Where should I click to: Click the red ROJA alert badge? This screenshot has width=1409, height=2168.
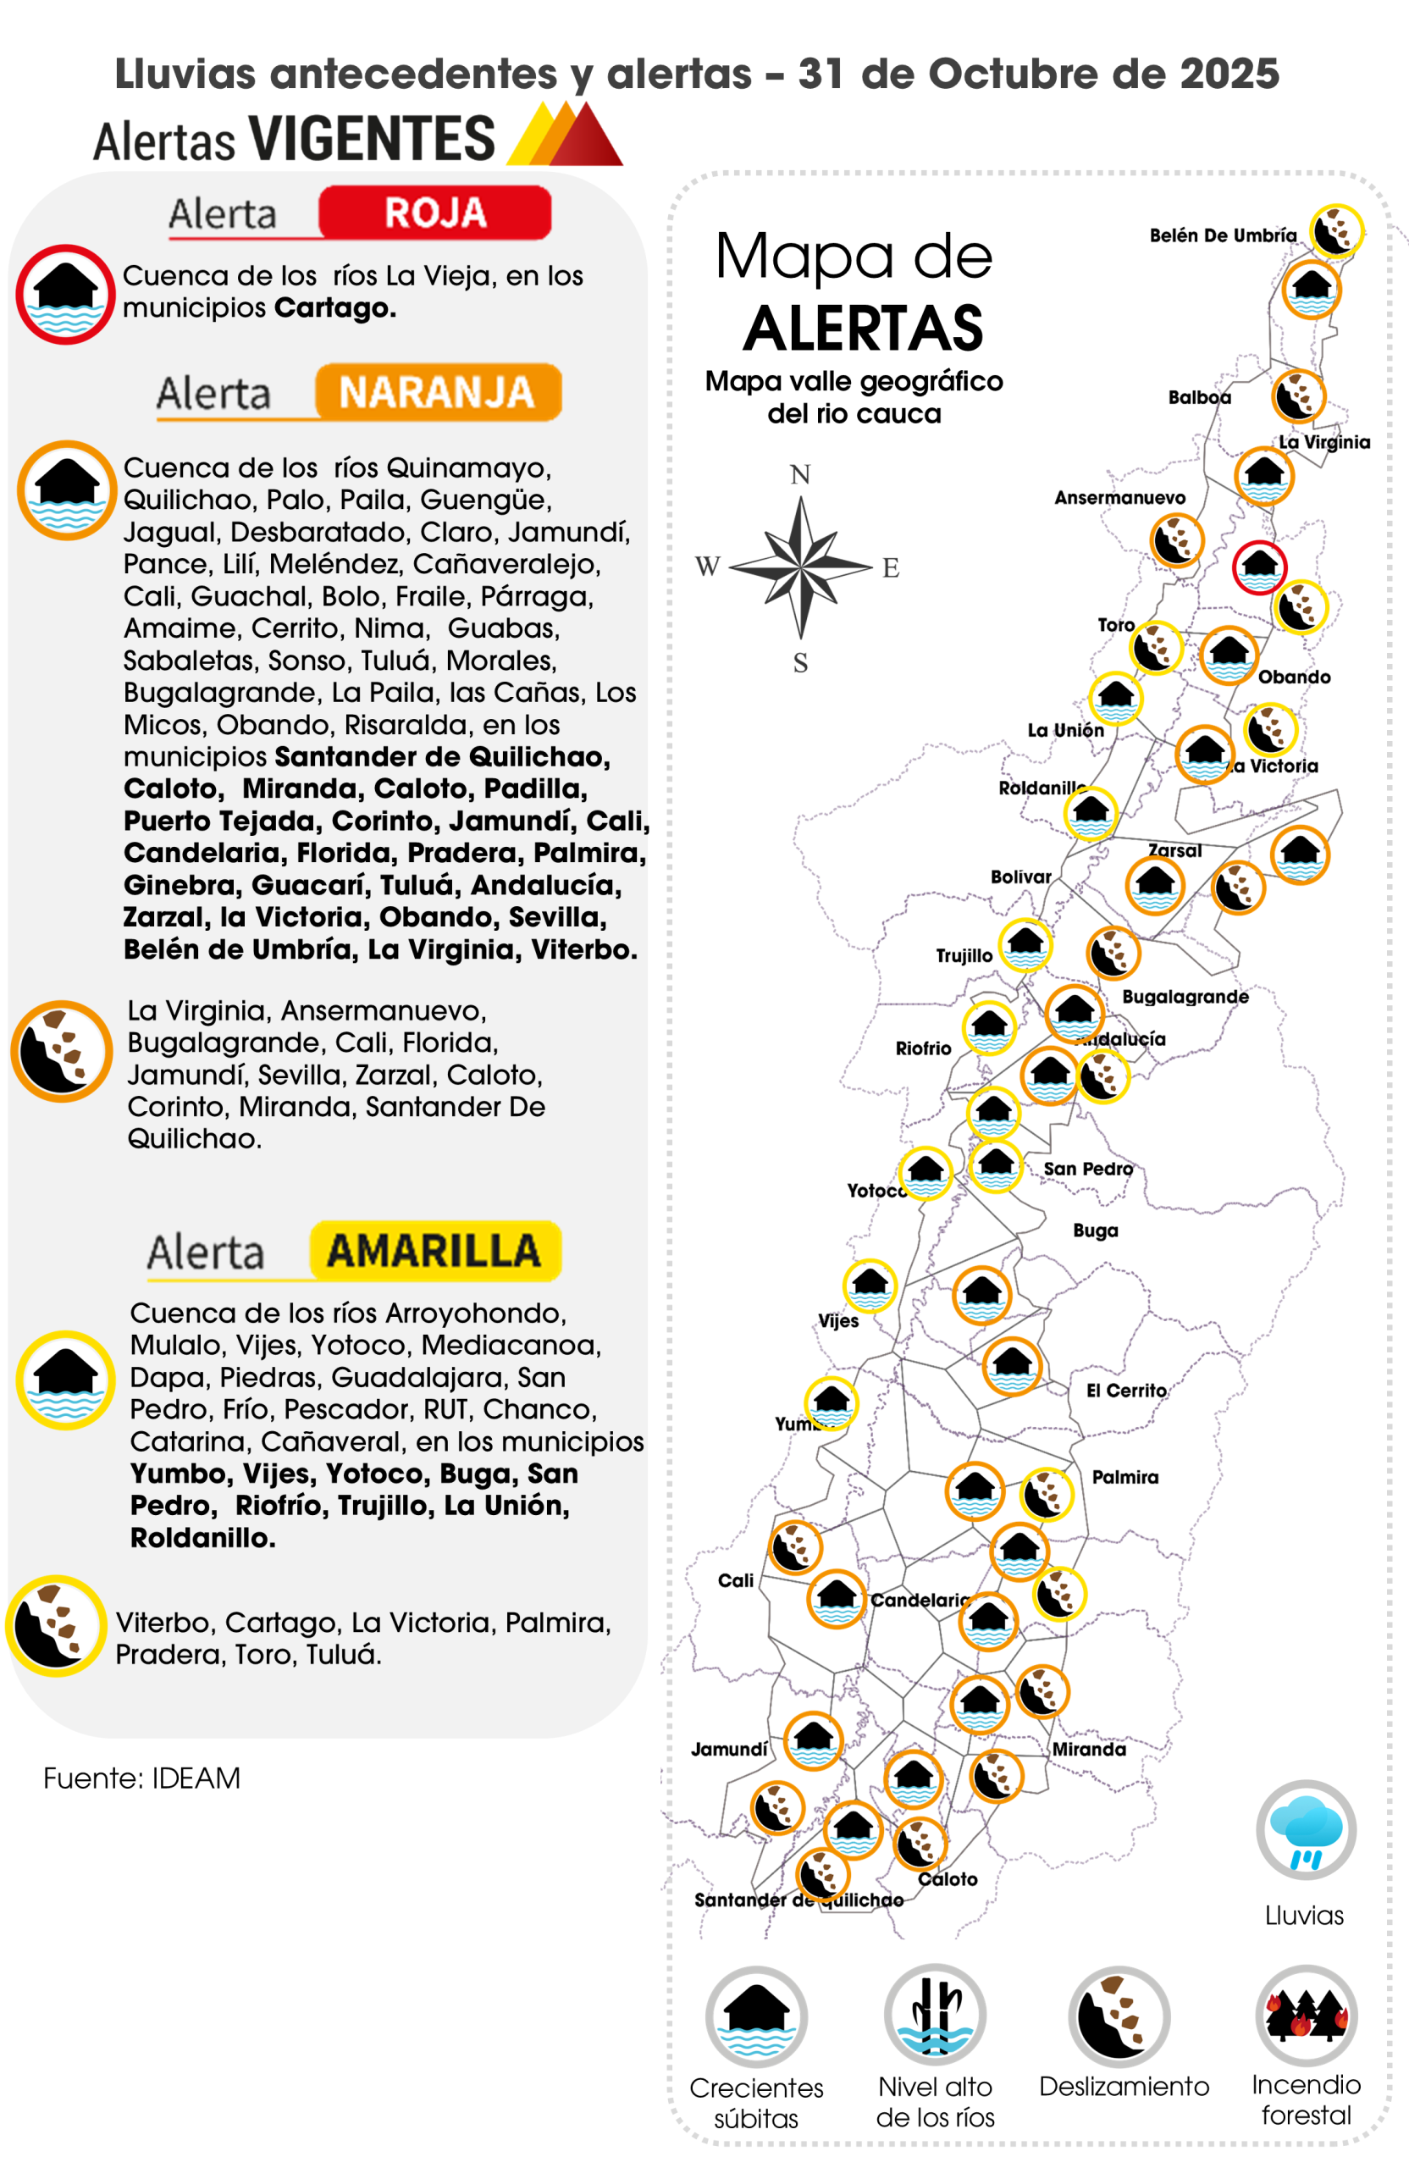(x=434, y=213)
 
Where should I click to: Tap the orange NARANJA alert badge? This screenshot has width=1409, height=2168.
(x=438, y=393)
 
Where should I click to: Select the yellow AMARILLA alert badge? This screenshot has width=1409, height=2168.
(x=434, y=1251)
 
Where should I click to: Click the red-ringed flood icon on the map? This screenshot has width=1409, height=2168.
(x=1259, y=567)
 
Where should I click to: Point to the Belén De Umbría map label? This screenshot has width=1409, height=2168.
(x=1222, y=236)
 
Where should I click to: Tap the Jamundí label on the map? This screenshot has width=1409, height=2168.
(x=729, y=1749)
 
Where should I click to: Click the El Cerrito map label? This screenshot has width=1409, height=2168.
(x=1125, y=1391)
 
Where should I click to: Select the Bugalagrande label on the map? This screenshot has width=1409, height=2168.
(x=1185, y=997)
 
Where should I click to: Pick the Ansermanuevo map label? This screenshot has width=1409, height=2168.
(x=1119, y=498)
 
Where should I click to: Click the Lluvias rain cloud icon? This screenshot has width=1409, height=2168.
(x=1305, y=1831)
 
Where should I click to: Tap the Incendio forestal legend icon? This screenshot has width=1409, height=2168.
(x=1306, y=2015)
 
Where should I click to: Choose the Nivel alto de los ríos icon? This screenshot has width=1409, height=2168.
(x=935, y=2016)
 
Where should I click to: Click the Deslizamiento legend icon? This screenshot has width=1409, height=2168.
(x=1119, y=2016)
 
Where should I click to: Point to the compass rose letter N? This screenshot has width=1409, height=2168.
(x=799, y=475)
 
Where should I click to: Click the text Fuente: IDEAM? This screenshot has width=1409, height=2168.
(x=142, y=1778)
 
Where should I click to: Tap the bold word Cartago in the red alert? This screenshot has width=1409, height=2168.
(x=334, y=308)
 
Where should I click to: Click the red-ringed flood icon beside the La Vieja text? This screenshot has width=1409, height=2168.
(x=64, y=294)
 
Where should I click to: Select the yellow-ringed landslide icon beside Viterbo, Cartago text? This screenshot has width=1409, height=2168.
(x=57, y=1626)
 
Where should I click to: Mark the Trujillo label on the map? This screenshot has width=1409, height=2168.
(x=964, y=955)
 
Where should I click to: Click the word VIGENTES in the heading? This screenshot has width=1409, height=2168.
(x=372, y=140)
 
